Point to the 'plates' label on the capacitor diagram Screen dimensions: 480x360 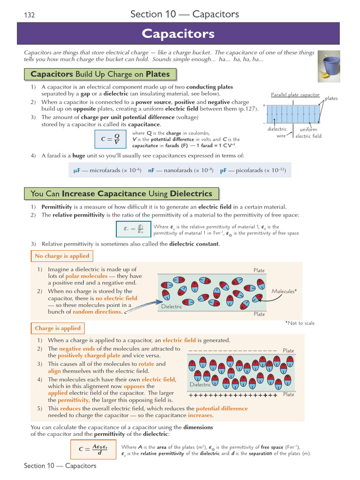click(x=331, y=98)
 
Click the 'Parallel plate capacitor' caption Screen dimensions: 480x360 click(x=295, y=95)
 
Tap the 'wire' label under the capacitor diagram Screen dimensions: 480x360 click(x=281, y=136)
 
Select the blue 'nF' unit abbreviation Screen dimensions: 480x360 click(x=151, y=171)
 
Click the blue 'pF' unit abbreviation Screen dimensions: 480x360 click(x=224, y=171)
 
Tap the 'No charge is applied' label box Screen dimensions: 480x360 click(x=61, y=256)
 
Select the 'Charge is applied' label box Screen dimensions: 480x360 click(x=58, y=328)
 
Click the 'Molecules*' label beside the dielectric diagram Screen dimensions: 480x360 click(x=285, y=292)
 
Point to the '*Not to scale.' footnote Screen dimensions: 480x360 click(x=300, y=323)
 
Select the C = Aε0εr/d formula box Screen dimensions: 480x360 click(x=93, y=449)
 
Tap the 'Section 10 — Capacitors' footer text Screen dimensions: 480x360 click(x=60, y=465)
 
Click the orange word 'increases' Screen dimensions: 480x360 click(x=200, y=415)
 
